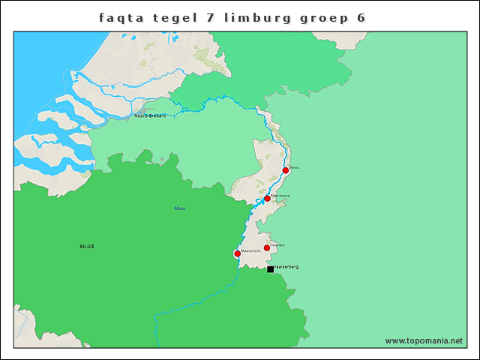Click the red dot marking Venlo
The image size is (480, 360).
(286, 170)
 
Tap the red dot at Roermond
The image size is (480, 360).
(267, 199)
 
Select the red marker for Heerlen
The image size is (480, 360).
(267, 247)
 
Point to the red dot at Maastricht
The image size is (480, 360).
(238, 253)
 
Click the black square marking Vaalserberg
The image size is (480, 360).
(270, 268)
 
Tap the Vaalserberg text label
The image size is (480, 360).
(286, 266)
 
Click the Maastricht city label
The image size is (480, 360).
(250, 250)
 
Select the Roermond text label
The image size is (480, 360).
(280, 195)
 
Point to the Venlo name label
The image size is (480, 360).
(294, 167)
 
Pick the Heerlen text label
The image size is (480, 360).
(277, 244)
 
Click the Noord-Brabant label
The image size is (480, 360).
(150, 116)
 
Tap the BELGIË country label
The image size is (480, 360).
(87, 246)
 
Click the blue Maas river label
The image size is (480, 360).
(179, 208)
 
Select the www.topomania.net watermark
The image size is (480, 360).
(424, 340)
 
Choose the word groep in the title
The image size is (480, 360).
(322, 16)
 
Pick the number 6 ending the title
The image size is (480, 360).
(361, 16)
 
